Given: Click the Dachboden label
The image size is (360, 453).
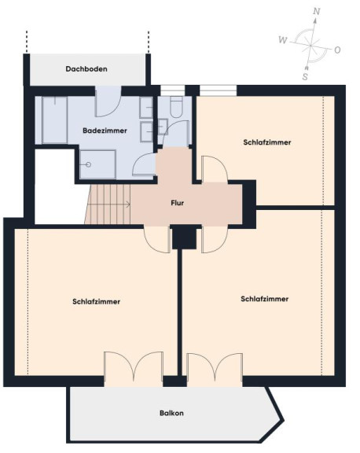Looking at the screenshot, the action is pos(86,69).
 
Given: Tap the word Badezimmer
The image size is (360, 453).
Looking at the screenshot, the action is pos(105,131).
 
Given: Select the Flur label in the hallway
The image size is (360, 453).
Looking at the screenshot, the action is pos(178,203).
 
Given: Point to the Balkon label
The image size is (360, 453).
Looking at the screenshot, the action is pos(171,413).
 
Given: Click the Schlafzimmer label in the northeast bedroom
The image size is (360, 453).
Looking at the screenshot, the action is pos(267,142).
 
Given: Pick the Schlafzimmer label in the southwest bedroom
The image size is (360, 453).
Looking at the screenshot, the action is pos(97,302).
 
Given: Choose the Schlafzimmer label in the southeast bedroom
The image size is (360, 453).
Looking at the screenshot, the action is pos(265,299).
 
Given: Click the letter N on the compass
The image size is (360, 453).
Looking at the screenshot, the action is pos(317,12).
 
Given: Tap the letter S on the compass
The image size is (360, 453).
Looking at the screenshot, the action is pos(305,77).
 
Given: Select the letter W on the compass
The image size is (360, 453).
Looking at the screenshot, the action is pos(283,40).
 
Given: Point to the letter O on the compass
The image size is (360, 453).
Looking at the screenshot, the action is pos(337,50).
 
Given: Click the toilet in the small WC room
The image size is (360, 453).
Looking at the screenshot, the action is pos(176,107).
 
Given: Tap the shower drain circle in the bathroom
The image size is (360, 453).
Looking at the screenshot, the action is pos(89,164).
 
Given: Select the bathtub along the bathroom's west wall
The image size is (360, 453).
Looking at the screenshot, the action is pos(55,120).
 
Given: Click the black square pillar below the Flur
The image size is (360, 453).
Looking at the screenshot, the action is pos(185,237).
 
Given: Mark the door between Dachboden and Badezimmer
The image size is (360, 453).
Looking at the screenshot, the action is pos(108,101).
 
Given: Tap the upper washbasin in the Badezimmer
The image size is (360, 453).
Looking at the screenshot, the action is pos(146,107).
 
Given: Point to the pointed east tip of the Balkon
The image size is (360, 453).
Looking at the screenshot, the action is pos(283,421).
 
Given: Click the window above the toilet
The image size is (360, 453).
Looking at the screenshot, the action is pos(172,90).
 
